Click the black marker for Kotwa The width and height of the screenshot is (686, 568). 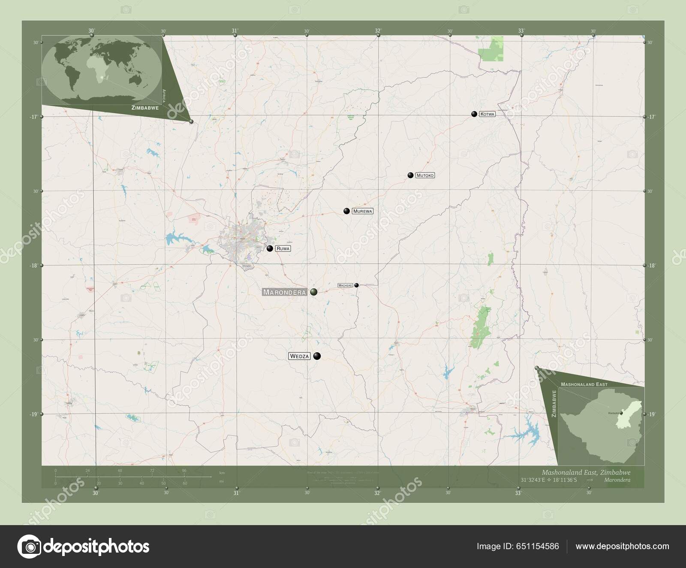474,114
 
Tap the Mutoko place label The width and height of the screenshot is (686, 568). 425,175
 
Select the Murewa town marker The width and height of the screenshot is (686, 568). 346,211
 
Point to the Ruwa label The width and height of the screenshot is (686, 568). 283,248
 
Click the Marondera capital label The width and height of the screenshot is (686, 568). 284,292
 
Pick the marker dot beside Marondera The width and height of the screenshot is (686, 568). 314,292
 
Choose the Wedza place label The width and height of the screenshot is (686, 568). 299,356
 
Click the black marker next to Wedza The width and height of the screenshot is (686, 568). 317,356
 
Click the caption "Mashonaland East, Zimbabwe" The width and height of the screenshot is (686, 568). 586,471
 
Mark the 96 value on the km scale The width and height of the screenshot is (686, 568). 184,471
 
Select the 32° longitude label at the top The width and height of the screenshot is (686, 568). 378,30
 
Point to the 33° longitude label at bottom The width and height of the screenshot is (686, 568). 518,493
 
